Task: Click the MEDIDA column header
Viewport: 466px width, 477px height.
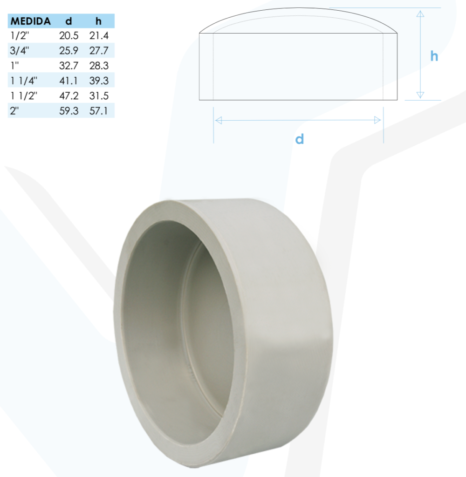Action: (30, 21)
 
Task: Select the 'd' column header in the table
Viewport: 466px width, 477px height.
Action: (69, 21)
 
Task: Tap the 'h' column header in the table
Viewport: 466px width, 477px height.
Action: (98, 21)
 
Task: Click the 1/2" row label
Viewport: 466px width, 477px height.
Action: (20, 35)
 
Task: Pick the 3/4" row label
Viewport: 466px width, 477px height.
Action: (20, 50)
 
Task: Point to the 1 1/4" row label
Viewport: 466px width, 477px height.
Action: (24, 81)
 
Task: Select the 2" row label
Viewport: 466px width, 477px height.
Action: (14, 111)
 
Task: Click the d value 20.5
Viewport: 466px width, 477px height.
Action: (69, 35)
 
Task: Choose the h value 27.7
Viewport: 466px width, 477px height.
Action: (99, 50)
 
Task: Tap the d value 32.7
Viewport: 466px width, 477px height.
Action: (69, 66)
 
